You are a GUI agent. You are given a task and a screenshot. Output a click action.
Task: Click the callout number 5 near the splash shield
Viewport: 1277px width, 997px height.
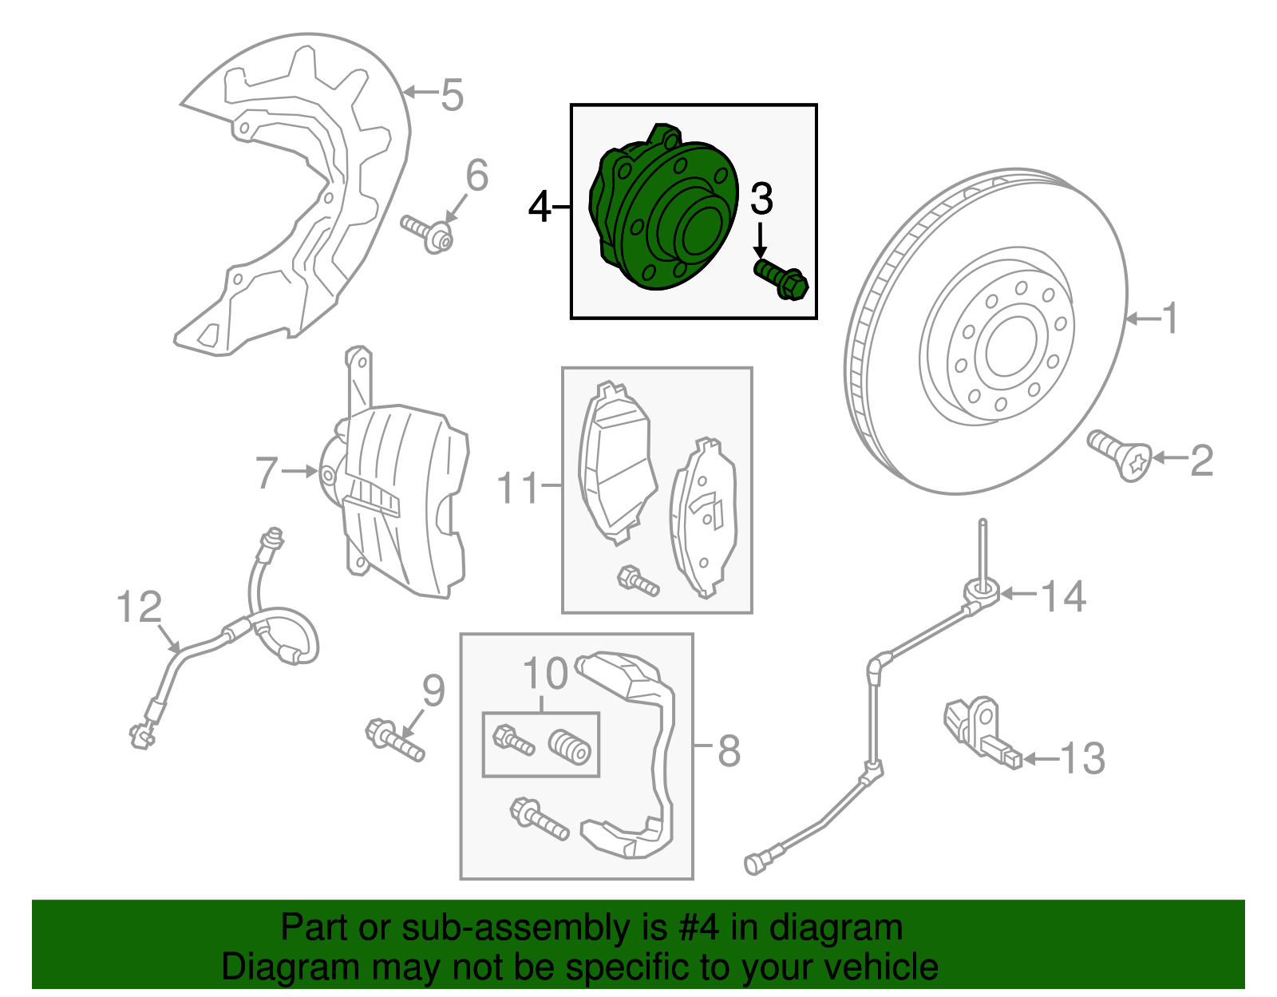tap(452, 95)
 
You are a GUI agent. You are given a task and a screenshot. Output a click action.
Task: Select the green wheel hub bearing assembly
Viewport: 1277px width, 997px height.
tap(662, 212)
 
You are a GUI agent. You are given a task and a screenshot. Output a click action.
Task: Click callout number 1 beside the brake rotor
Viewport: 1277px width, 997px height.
tap(1169, 318)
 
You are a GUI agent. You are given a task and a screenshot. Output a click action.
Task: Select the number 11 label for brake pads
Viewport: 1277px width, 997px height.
tap(518, 488)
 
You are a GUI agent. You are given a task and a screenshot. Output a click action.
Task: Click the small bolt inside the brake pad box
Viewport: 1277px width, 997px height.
tap(638, 580)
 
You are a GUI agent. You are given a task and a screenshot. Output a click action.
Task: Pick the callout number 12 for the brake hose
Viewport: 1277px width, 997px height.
tap(139, 607)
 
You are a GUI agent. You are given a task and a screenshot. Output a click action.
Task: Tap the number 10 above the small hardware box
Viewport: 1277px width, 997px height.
tap(545, 675)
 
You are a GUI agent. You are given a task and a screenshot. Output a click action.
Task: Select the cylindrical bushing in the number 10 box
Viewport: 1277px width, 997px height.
tap(570, 747)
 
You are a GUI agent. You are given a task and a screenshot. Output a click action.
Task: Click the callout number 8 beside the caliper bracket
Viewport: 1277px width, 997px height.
tap(729, 750)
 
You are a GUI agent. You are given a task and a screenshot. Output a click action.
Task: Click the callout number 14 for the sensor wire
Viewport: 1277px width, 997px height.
tap(1064, 596)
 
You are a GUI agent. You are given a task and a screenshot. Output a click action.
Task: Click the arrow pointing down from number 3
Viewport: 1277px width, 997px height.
tap(761, 242)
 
